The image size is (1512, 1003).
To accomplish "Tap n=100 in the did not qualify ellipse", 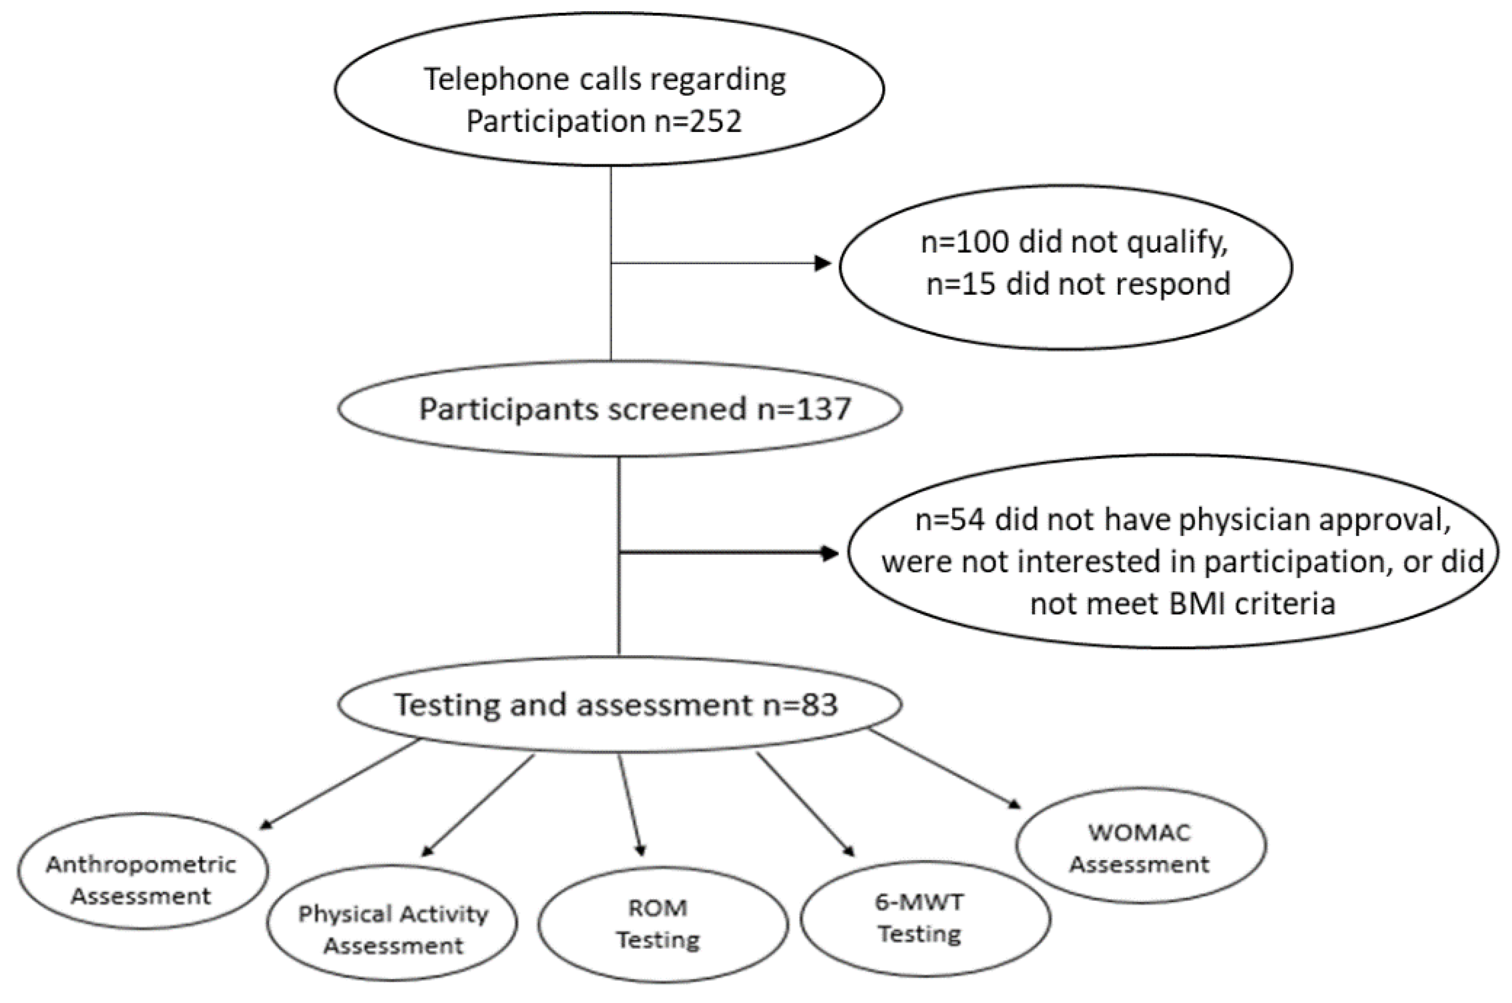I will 964,242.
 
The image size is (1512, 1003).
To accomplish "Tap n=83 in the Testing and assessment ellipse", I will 801,704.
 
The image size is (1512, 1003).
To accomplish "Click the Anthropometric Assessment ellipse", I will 142,871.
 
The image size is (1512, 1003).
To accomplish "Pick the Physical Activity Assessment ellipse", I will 392,922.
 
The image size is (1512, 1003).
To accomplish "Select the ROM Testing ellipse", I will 662,924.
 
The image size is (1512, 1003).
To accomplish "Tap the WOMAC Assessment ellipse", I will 1140,846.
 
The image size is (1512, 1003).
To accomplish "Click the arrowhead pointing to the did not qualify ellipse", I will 823,263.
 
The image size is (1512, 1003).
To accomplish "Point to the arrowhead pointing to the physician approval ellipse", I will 830,553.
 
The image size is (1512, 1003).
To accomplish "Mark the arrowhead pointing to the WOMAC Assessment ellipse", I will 1014,804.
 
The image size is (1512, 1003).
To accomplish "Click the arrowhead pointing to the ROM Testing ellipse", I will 640,851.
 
